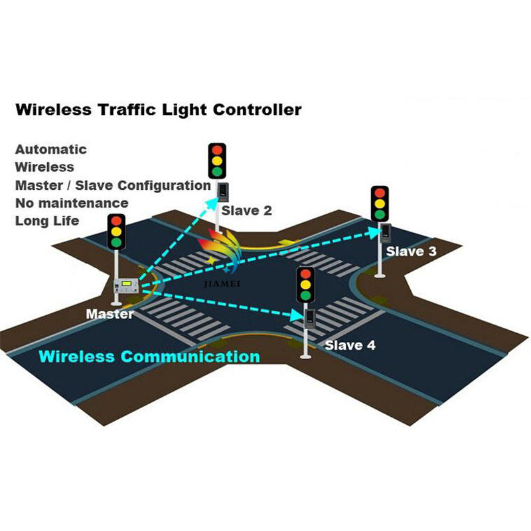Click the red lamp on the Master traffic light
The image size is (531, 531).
click(x=116, y=221)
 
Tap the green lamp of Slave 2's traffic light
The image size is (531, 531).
click(x=217, y=171)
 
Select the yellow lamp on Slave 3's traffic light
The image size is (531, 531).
click(x=380, y=204)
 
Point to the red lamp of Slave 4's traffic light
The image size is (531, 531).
click(x=305, y=274)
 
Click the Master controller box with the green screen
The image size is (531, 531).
click(x=127, y=285)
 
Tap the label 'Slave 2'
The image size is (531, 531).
click(x=246, y=210)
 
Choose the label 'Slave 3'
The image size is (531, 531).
click(x=411, y=252)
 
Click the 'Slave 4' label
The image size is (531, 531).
click(x=350, y=345)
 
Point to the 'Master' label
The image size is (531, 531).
click(x=110, y=314)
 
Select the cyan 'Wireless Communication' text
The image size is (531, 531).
click(x=149, y=356)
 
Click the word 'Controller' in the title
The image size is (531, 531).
click(x=258, y=110)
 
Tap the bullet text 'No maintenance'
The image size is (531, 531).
click(x=72, y=203)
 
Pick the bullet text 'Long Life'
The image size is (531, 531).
click(x=47, y=221)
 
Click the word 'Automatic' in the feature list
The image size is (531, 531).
click(x=51, y=149)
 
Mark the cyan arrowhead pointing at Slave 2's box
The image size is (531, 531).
click(x=212, y=203)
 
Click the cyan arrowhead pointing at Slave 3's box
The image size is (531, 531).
click(x=375, y=232)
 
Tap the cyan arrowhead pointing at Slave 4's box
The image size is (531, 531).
click(x=297, y=316)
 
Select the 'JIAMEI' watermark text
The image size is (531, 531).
click(x=222, y=284)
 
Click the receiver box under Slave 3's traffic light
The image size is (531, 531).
click(x=386, y=233)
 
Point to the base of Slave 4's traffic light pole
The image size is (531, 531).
click(x=305, y=356)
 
